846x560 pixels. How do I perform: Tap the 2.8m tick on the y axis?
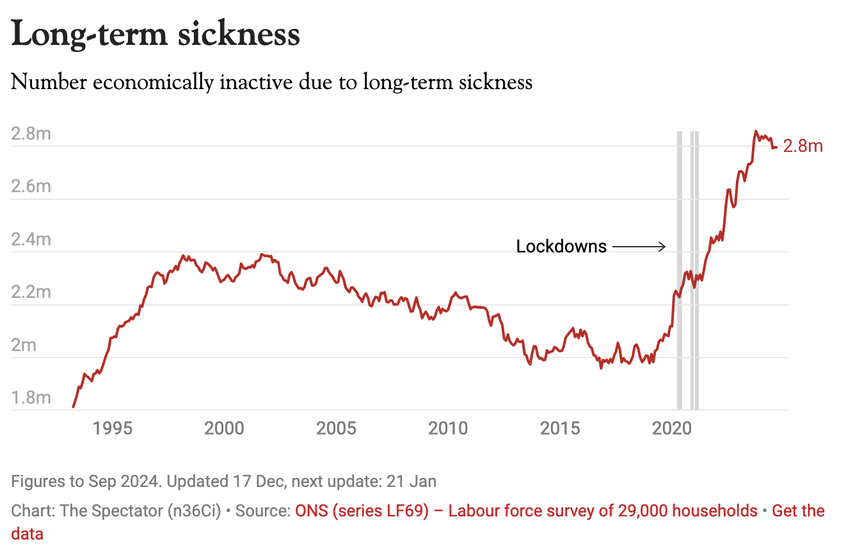(x=31, y=135)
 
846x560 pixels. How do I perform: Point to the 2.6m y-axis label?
(x=31, y=187)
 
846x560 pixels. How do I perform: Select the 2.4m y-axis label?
(x=31, y=240)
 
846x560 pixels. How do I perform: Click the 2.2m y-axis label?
(x=31, y=293)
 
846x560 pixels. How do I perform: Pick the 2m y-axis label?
(x=24, y=346)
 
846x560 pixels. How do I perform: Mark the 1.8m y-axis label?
(x=31, y=398)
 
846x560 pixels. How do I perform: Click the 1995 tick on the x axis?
(x=113, y=427)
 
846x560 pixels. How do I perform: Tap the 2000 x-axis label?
(x=225, y=427)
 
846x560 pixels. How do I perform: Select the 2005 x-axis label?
(x=337, y=427)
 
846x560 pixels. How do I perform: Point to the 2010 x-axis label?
(x=449, y=427)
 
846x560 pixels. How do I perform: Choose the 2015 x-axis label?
(x=561, y=427)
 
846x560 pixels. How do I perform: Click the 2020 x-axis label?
(x=672, y=427)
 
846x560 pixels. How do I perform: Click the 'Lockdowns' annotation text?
(x=561, y=247)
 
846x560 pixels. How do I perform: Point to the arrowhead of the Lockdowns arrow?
(x=664, y=247)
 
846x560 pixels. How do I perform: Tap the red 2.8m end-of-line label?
(x=803, y=146)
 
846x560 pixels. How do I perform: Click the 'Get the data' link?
(x=798, y=511)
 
